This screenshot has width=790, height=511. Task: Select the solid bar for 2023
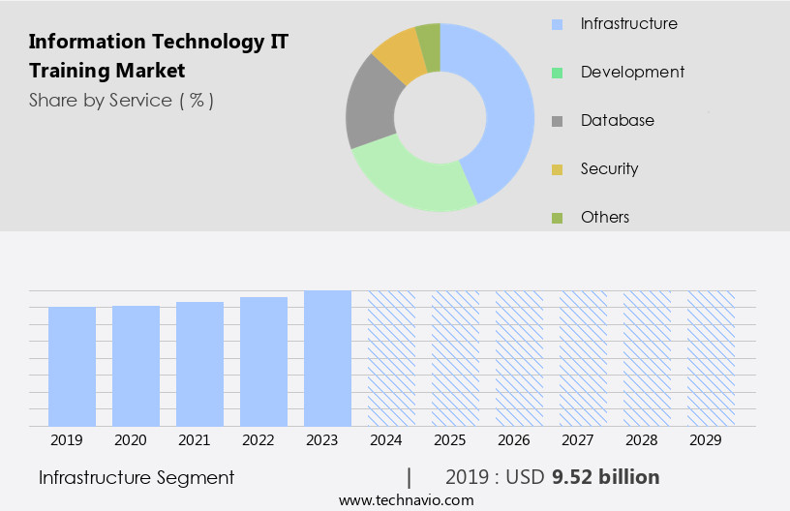point(327,358)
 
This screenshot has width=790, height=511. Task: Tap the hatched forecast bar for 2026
point(519,358)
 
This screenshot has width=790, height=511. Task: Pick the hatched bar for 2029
point(711,358)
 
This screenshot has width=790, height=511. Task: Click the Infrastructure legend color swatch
point(557,24)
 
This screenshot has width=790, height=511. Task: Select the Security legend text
point(609,168)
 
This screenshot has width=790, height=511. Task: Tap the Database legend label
point(617,120)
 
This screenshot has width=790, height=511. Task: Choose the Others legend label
point(605,217)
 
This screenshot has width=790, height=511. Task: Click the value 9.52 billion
point(606,477)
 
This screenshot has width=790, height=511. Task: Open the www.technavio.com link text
point(406,499)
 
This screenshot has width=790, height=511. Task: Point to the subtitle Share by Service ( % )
point(121,100)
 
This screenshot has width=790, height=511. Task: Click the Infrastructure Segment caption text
point(137,477)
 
